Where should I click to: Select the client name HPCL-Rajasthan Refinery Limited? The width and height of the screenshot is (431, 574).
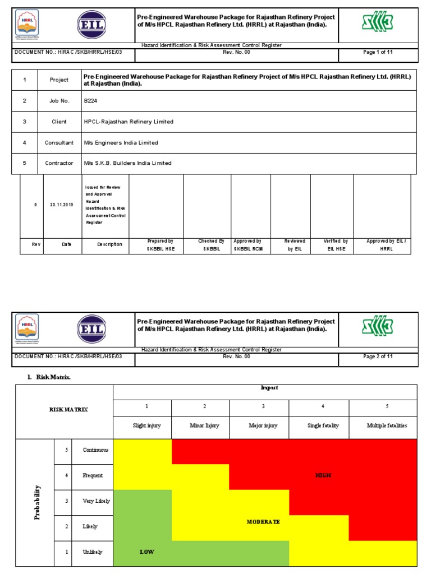pos(129,122)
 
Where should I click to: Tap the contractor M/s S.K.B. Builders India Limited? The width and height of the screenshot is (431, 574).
pos(127,163)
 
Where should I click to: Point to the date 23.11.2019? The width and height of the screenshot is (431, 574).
pos(61,205)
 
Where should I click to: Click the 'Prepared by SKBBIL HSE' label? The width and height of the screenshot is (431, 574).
pos(160,244)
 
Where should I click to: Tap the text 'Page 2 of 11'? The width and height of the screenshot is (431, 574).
pos(378,357)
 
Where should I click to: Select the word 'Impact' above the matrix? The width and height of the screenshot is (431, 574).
pos(265,387)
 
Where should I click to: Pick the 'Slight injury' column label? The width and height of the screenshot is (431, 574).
pos(146,425)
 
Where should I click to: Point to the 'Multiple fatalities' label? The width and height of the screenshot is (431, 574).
pos(387,425)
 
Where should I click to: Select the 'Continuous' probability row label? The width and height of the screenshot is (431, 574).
pos(96,450)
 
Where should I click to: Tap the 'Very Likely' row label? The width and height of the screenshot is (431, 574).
pos(97,501)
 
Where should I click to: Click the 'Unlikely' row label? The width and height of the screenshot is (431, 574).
pos(93,552)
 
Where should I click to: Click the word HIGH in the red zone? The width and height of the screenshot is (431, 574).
pos(323,475)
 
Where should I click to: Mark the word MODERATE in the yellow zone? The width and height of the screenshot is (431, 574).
pos(263,521)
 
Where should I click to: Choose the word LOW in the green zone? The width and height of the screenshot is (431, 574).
pos(146,552)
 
